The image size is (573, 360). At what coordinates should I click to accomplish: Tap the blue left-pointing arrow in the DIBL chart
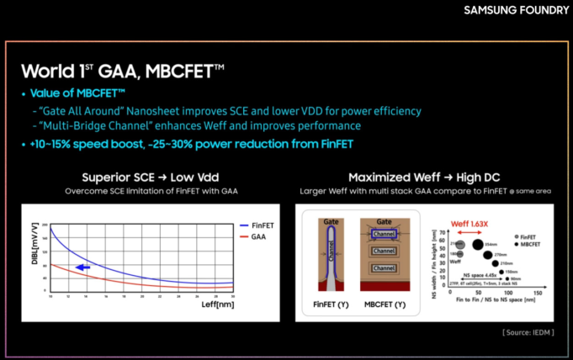coord(82,267)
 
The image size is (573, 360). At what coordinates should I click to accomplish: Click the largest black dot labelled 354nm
coord(478,246)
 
